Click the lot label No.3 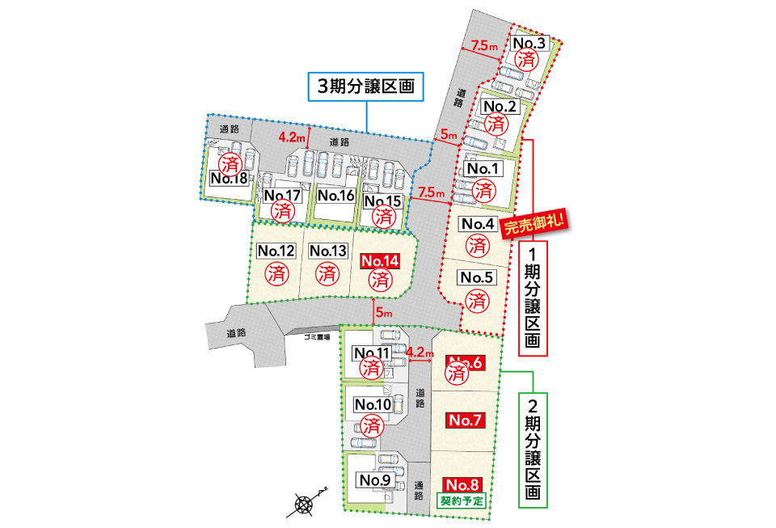(530, 43)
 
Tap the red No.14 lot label (381, 261)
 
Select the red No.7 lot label (465, 420)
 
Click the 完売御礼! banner (533, 223)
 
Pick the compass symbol (304, 505)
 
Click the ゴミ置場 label (316, 336)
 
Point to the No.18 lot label (229, 178)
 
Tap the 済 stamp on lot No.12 (276, 272)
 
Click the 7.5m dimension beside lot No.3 (485, 47)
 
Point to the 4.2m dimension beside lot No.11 (420, 353)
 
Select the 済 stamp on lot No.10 (373, 424)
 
